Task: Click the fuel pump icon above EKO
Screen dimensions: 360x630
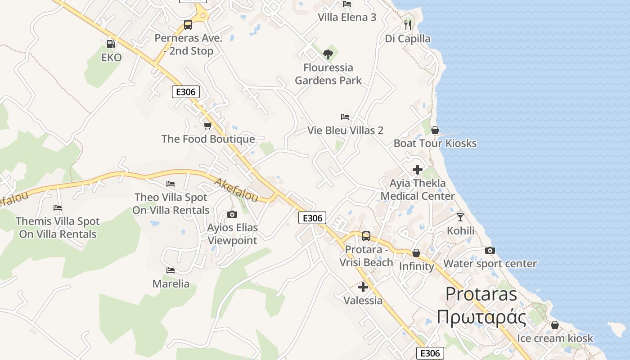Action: point(111,44)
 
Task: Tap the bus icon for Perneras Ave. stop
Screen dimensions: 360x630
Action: point(188,25)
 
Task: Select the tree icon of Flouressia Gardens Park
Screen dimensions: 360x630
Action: point(328,54)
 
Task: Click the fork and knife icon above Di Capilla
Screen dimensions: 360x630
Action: point(408,25)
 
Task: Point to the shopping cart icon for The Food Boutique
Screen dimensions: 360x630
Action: point(208,126)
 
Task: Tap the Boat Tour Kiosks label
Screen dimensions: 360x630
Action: point(435,144)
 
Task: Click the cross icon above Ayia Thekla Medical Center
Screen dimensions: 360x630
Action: point(418,170)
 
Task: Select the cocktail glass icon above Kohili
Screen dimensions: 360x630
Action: point(460,217)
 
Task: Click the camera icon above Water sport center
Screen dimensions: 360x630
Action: point(490,250)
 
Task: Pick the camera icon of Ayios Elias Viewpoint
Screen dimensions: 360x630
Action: point(232,214)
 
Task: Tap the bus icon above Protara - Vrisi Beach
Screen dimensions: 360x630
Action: point(366,236)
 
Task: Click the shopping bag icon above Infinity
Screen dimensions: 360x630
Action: point(416,253)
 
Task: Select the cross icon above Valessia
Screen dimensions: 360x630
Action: point(363,287)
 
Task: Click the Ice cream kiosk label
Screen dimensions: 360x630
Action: point(555,338)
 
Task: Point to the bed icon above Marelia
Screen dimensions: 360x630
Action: point(171,270)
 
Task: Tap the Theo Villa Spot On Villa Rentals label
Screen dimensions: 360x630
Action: point(171,204)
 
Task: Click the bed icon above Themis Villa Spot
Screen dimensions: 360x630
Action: point(58,208)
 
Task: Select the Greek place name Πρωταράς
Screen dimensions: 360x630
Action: point(481,317)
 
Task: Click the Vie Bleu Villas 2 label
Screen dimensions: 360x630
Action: point(345,130)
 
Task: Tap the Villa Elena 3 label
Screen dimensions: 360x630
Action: point(347,18)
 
